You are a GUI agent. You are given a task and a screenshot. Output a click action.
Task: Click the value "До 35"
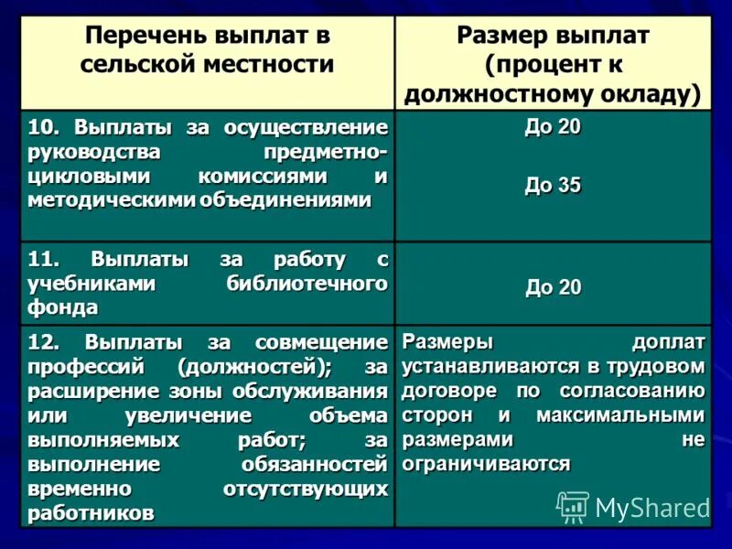click(x=553, y=186)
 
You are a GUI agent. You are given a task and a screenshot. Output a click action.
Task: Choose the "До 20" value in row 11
click(x=553, y=288)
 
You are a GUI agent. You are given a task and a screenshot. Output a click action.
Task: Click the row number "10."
click(x=46, y=126)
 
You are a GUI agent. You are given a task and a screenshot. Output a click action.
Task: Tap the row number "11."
click(x=46, y=260)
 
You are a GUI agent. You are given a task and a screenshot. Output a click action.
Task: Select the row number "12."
click(x=46, y=343)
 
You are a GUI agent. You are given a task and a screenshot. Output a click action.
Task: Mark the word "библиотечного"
click(x=307, y=284)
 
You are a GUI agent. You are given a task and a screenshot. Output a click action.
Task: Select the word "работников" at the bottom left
click(x=91, y=513)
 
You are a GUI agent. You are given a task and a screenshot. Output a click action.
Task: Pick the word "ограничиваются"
click(x=486, y=463)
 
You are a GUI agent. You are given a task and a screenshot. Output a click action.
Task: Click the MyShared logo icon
click(x=573, y=507)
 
